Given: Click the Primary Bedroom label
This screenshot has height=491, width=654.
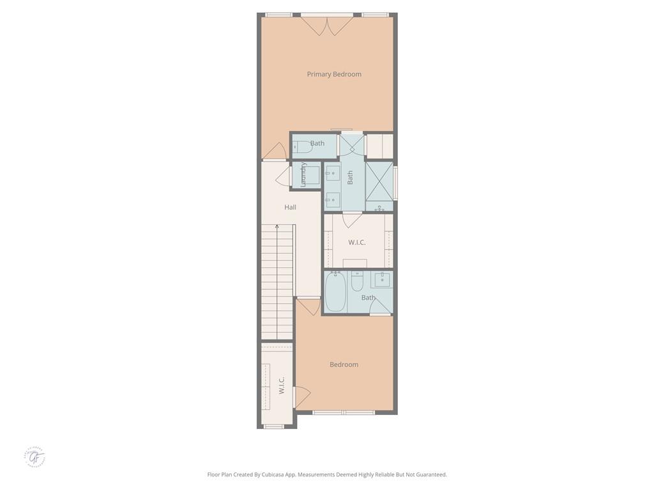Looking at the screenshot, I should pos(334,74).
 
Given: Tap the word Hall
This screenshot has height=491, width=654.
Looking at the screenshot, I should pos(291,207).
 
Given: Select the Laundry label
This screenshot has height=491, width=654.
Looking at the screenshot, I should pos(304,175).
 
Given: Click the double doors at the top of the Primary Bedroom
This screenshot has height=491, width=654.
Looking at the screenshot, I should pos(327,26).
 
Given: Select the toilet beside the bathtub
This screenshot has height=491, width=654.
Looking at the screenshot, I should pos(357,281).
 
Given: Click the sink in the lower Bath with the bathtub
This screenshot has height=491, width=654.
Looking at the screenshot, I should pos(383,279).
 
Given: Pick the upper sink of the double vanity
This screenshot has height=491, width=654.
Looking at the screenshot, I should pos(333,172).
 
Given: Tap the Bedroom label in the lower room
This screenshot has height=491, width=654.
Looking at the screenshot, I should pos(344,364).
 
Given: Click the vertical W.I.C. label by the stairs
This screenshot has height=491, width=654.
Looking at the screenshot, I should pos(281,385).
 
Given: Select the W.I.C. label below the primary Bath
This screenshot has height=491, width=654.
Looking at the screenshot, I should pos(357,243).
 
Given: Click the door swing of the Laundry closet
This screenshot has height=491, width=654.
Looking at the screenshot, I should pos(283,176).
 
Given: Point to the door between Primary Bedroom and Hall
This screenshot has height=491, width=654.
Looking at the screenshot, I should pos(275,152).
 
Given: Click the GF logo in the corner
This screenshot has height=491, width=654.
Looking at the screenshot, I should pos(36,457).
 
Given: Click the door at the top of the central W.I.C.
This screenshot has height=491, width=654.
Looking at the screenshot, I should pos(353,219).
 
